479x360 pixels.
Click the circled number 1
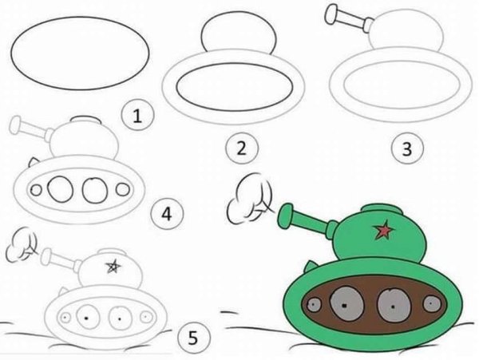(x=137, y=117)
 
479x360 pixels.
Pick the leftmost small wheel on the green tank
(x=315, y=306)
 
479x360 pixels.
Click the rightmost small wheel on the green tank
(x=432, y=304)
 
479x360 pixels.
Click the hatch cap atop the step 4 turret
(x=84, y=121)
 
